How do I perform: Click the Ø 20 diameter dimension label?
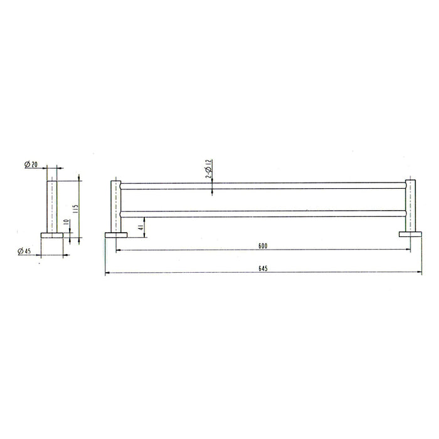(x=31, y=164)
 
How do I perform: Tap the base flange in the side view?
(x=51, y=235)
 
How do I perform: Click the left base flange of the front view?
(x=115, y=235)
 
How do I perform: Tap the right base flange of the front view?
(x=410, y=235)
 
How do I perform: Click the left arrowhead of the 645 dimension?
(x=107, y=273)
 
